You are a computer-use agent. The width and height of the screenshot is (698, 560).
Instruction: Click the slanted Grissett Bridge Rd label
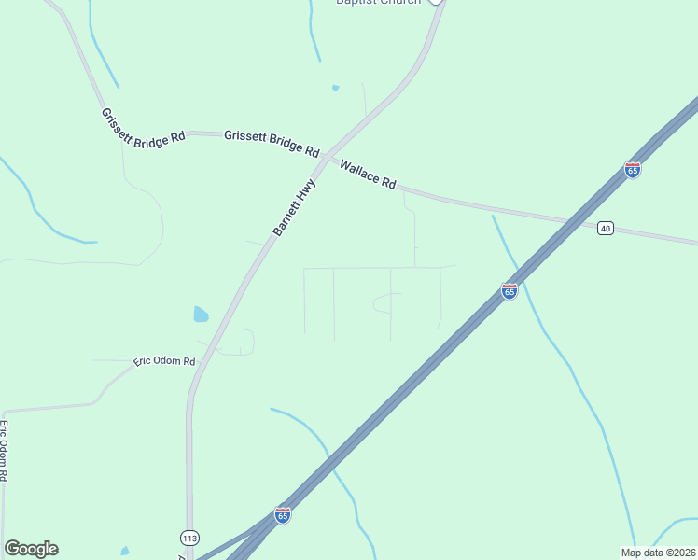pyautogui.click(x=143, y=128)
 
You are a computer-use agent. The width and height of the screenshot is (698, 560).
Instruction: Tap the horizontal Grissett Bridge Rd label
pyautogui.click(x=272, y=143)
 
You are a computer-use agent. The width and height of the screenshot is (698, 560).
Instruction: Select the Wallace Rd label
pyautogui.click(x=368, y=175)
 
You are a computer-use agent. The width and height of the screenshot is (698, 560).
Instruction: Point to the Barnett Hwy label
pyautogui.click(x=294, y=208)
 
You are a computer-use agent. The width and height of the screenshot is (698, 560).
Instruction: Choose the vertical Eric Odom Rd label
pyautogui.click(x=4, y=450)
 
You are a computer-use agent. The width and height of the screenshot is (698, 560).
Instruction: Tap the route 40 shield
pyautogui.click(x=606, y=228)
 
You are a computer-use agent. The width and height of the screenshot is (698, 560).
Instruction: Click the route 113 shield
pyautogui.click(x=189, y=538)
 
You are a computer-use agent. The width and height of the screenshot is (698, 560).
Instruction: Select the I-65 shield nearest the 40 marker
pyautogui.click(x=633, y=170)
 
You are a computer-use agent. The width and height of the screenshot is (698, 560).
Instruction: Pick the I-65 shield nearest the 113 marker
pyautogui.click(x=283, y=514)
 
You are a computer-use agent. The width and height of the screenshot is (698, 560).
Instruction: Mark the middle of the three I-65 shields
pyautogui.click(x=510, y=291)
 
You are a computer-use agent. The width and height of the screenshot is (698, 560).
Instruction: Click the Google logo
pyautogui.click(x=31, y=548)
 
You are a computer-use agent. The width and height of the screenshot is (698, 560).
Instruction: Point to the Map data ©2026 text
pyautogui.click(x=657, y=552)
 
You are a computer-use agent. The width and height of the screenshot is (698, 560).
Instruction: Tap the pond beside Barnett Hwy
pyautogui.click(x=201, y=315)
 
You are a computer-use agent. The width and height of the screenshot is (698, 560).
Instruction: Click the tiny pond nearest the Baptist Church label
pyautogui.click(x=335, y=88)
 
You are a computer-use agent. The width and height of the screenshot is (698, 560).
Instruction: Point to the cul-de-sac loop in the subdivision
pyautogui.click(x=384, y=302)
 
